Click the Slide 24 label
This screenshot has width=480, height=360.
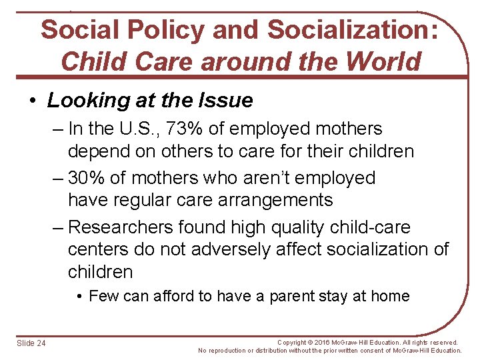[x=31, y=343]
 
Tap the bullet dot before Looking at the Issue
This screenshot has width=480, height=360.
[x=33, y=101]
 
